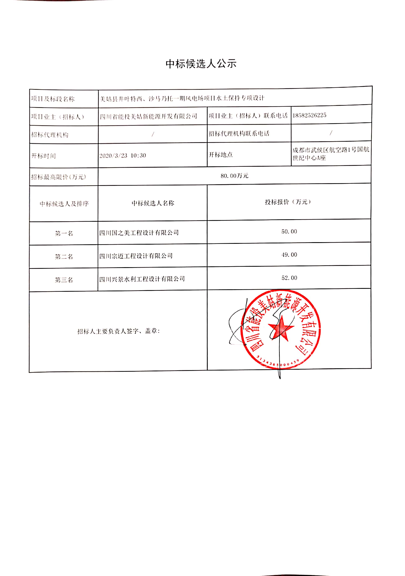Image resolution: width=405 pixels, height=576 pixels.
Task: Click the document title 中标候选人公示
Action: [201, 64]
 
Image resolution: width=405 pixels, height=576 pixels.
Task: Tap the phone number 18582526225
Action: [309, 115]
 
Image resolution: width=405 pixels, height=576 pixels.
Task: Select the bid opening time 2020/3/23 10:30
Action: [123, 155]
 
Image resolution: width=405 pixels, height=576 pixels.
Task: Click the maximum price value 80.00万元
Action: [234, 176]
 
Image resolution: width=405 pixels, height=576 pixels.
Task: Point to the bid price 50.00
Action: [289, 231]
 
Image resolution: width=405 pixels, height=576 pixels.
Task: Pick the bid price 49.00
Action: [289, 255]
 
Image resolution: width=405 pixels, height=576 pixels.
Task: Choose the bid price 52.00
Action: [289, 278]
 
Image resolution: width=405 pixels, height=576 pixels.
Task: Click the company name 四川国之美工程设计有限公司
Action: [139, 233]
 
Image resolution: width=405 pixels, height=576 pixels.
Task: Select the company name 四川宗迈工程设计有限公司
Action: [136, 256]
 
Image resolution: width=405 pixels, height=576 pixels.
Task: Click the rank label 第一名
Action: [64, 234]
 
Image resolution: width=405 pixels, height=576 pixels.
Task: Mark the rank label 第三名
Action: [64, 280]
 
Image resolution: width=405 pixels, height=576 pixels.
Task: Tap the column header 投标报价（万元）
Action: [288, 202]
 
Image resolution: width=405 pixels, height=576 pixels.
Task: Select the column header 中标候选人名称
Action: [153, 203]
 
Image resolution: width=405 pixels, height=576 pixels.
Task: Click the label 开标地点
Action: [221, 155]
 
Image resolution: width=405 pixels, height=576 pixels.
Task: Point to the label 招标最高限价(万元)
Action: [58, 177]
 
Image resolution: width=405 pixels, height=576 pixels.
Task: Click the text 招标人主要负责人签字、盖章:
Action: [119, 331]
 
